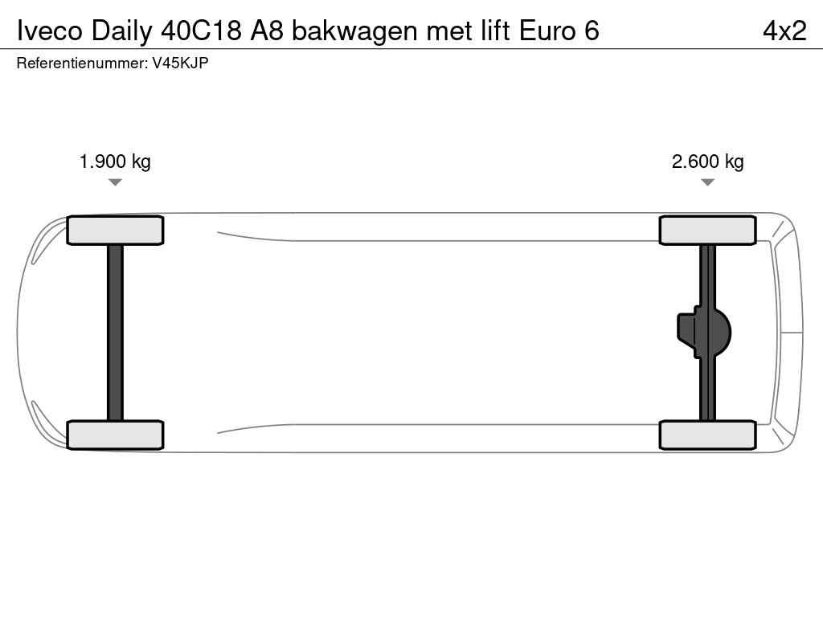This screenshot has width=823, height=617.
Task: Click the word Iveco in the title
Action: pyautogui.click(x=50, y=31)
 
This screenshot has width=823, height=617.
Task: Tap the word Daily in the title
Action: pyautogui.click(x=121, y=32)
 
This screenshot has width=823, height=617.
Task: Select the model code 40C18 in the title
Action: pyautogui.click(x=201, y=31)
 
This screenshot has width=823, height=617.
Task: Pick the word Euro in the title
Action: pyautogui.click(x=547, y=31)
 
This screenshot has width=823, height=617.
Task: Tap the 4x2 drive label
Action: pyautogui.click(x=784, y=31)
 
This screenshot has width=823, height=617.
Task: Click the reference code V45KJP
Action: pyautogui.click(x=181, y=63)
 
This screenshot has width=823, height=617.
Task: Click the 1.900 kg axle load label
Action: pyautogui.click(x=115, y=161)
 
